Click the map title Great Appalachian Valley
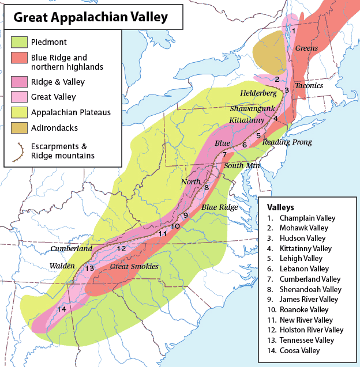pyautogui.click(x=91, y=17)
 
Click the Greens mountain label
pyautogui.click(x=306, y=48)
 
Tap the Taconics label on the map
pyautogui.click(x=309, y=86)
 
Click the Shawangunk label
pyautogui.click(x=249, y=108)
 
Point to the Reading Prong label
pyautogui.click(x=287, y=142)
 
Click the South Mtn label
pyautogui.click(x=242, y=166)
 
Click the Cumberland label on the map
pyautogui.click(x=71, y=249)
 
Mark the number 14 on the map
pyautogui.click(x=62, y=310)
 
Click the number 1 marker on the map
pyautogui.click(x=294, y=31)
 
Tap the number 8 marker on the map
pyautogui.click(x=206, y=187)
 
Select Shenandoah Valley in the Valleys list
pyautogui.click(x=310, y=289)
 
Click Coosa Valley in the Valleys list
pyautogui.click(x=299, y=350)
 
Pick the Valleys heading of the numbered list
pyautogui.click(x=280, y=207)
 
